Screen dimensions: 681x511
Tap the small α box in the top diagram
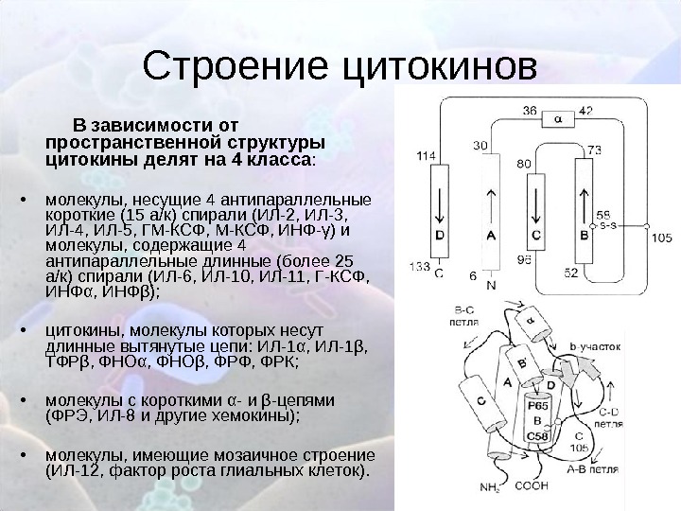pos(557,118)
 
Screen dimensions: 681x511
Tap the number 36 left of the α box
pos(531,110)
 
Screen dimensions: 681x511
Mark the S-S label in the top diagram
pos(608,227)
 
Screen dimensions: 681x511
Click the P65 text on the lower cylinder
pos(536,404)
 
